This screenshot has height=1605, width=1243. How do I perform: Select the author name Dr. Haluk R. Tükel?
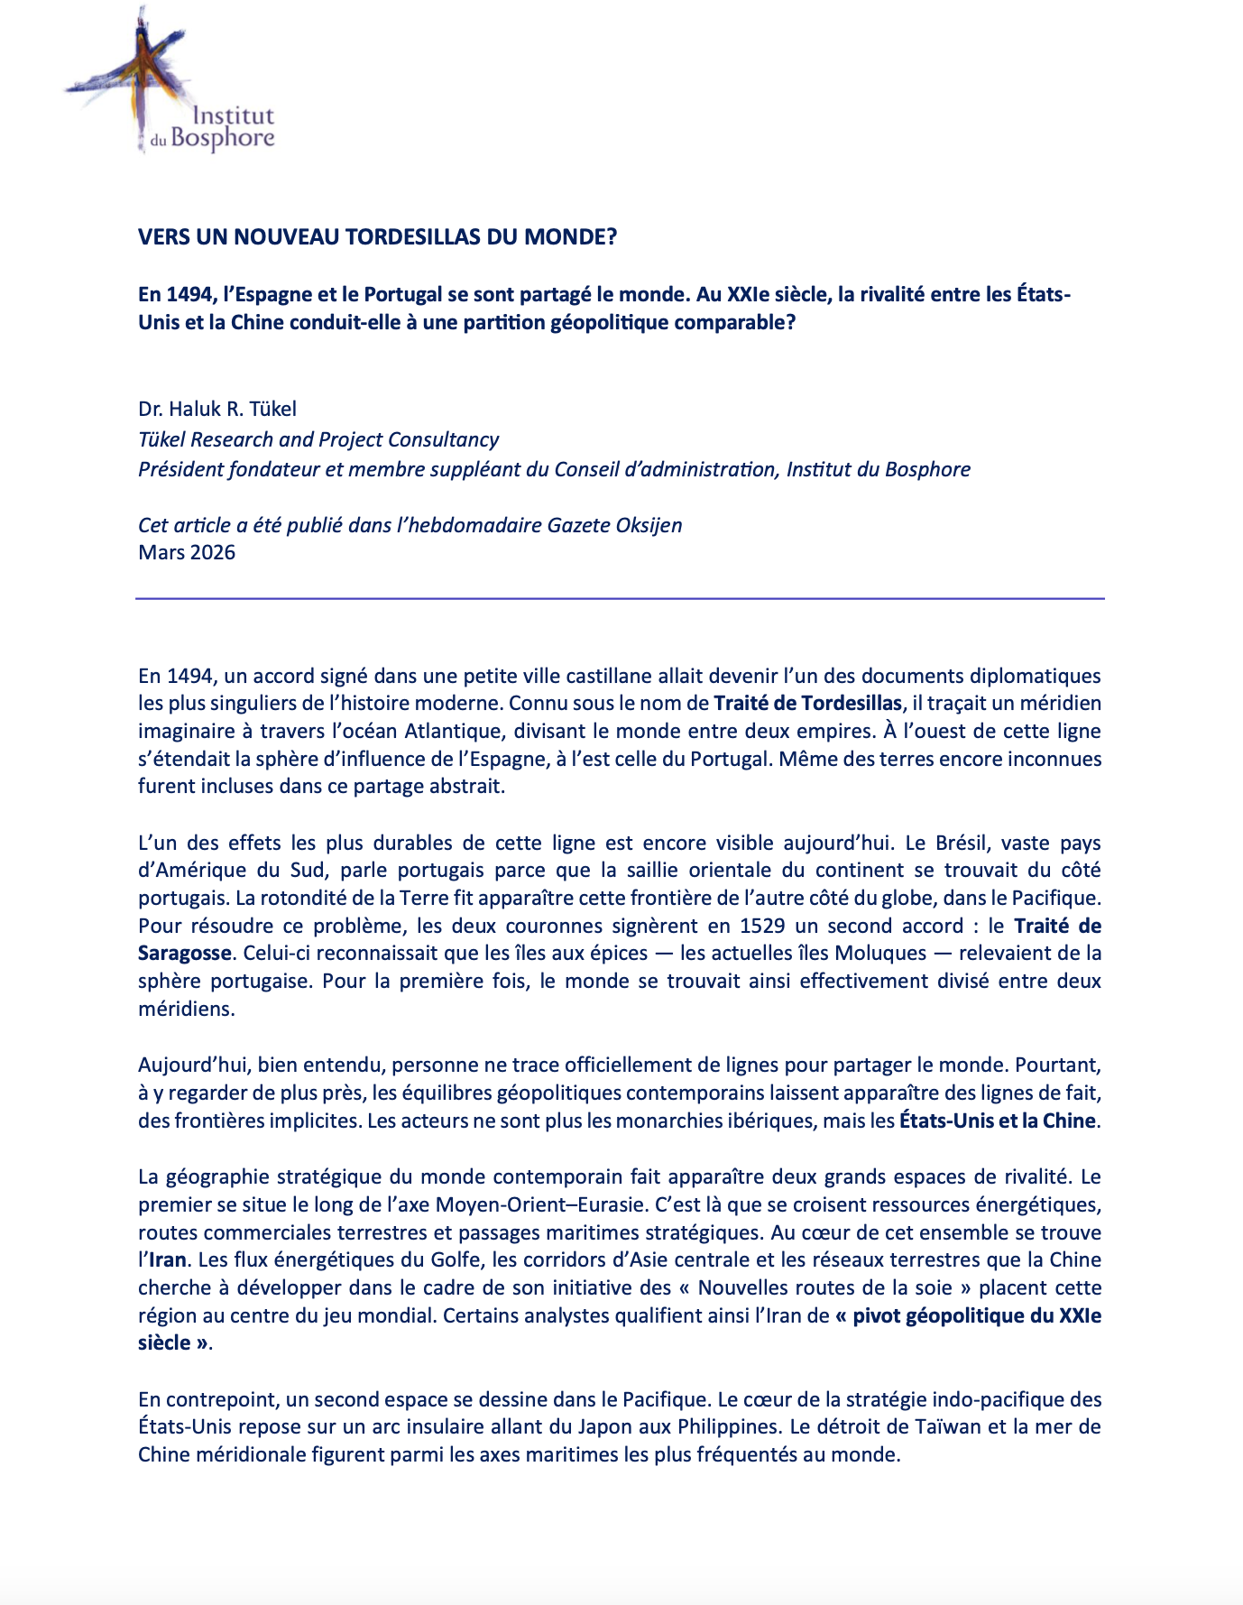[217, 410]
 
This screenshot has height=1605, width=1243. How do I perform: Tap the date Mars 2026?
[187, 553]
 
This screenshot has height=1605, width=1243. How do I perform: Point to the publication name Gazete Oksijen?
[614, 525]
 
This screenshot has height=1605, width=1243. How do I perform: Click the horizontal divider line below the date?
[621, 598]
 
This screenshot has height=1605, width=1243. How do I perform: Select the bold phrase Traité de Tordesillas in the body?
[807, 704]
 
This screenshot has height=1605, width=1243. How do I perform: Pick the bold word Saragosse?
[185, 954]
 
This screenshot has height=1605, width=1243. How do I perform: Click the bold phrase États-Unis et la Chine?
[997, 1121]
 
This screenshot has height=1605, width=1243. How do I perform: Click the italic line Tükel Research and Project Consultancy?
[318, 439]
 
